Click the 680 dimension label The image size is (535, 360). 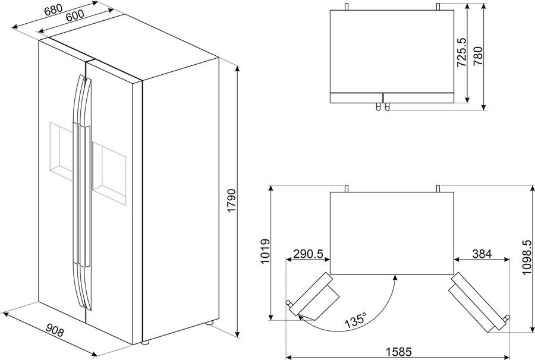pos(54,10)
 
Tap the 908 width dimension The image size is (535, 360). pos(55,330)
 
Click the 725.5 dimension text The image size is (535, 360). pos(462,52)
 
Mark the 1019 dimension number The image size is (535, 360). pos(265,251)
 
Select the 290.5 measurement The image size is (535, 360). pos(309,254)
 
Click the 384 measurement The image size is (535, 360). pos(481,254)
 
